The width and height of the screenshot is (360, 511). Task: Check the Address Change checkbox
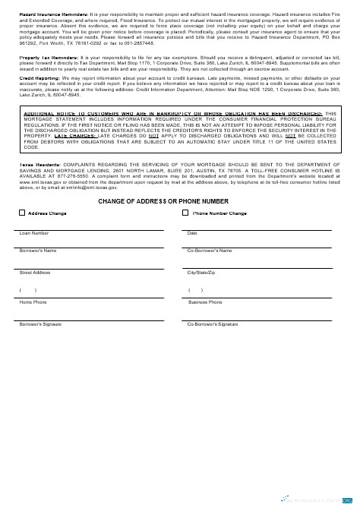[21, 213]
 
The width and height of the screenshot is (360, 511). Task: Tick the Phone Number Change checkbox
[186, 213]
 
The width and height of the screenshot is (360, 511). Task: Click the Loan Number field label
[34, 233]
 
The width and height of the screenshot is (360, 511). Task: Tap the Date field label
[192, 233]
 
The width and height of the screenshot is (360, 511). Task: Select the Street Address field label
[35, 272]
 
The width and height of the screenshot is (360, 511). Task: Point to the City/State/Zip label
[201, 272]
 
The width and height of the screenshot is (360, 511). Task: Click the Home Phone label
[33, 302]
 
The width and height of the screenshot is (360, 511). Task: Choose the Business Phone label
[205, 302]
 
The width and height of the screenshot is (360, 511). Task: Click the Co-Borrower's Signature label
[212, 324]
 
